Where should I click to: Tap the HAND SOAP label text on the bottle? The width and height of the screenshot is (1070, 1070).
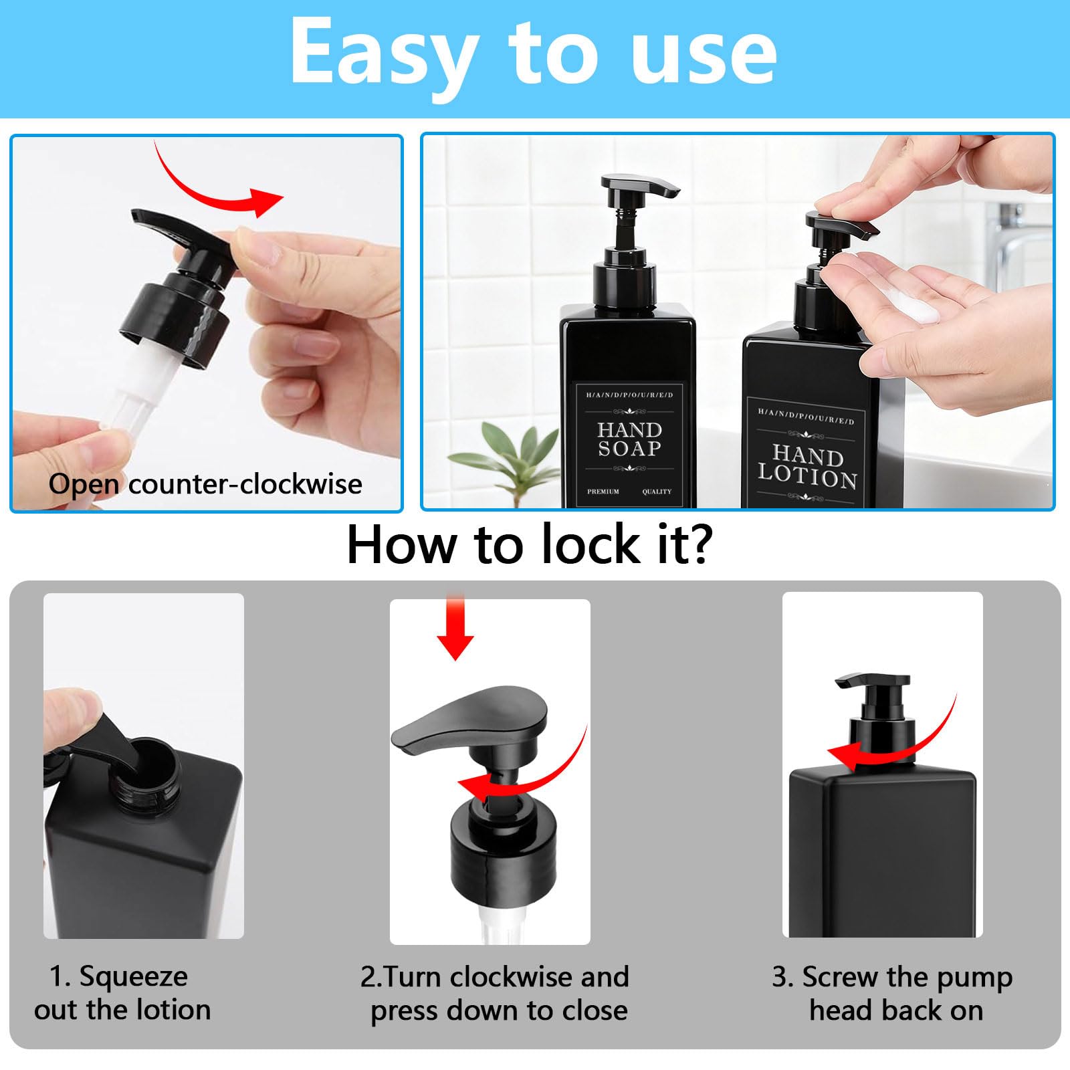(x=629, y=439)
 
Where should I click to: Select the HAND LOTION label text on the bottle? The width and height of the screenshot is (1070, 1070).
(x=807, y=466)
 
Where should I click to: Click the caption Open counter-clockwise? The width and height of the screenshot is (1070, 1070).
(x=205, y=484)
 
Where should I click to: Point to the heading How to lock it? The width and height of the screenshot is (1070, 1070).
(x=529, y=544)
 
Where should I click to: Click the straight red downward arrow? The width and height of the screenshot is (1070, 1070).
(x=455, y=627)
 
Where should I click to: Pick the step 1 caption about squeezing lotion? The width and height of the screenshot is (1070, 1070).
(x=122, y=993)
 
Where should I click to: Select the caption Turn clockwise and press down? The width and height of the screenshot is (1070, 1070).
(x=495, y=993)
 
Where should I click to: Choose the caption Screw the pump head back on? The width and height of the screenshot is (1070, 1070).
(x=893, y=993)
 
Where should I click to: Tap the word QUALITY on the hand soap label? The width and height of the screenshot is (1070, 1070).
(x=657, y=492)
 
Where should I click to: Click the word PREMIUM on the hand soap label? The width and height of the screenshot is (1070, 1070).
(x=603, y=492)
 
